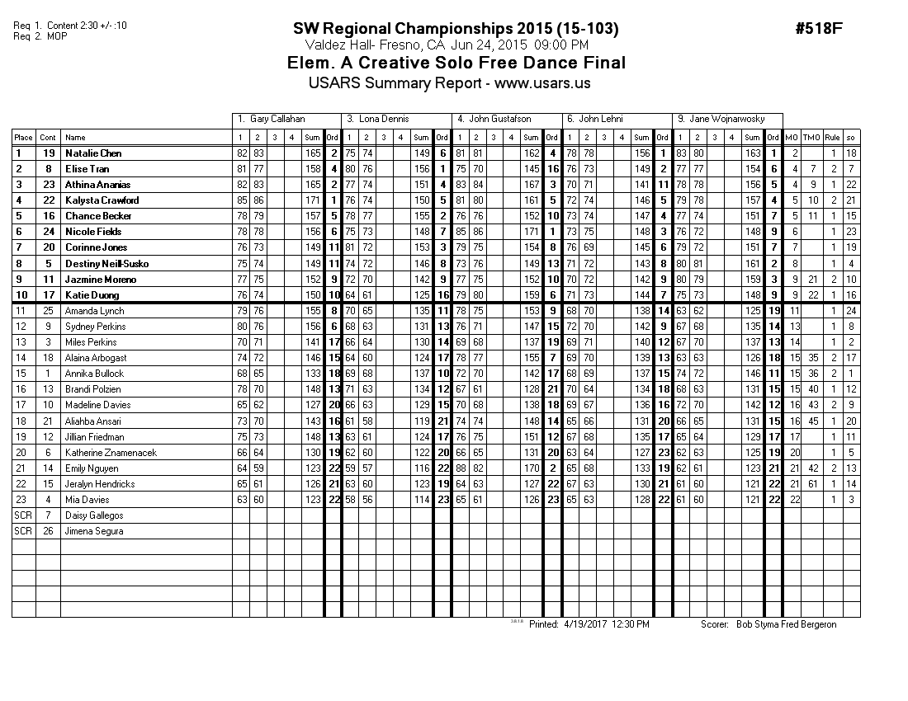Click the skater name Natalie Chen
point(93,153)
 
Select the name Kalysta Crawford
point(102,200)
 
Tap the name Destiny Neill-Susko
point(106,264)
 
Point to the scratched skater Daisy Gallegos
point(93,515)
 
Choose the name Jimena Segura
point(93,531)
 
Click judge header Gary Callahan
point(277,120)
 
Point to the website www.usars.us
point(542,83)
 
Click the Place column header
point(23,138)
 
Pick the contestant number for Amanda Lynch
point(48,311)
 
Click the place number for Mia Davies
point(23,500)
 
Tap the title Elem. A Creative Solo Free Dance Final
point(456,64)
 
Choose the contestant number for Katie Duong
point(48,295)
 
